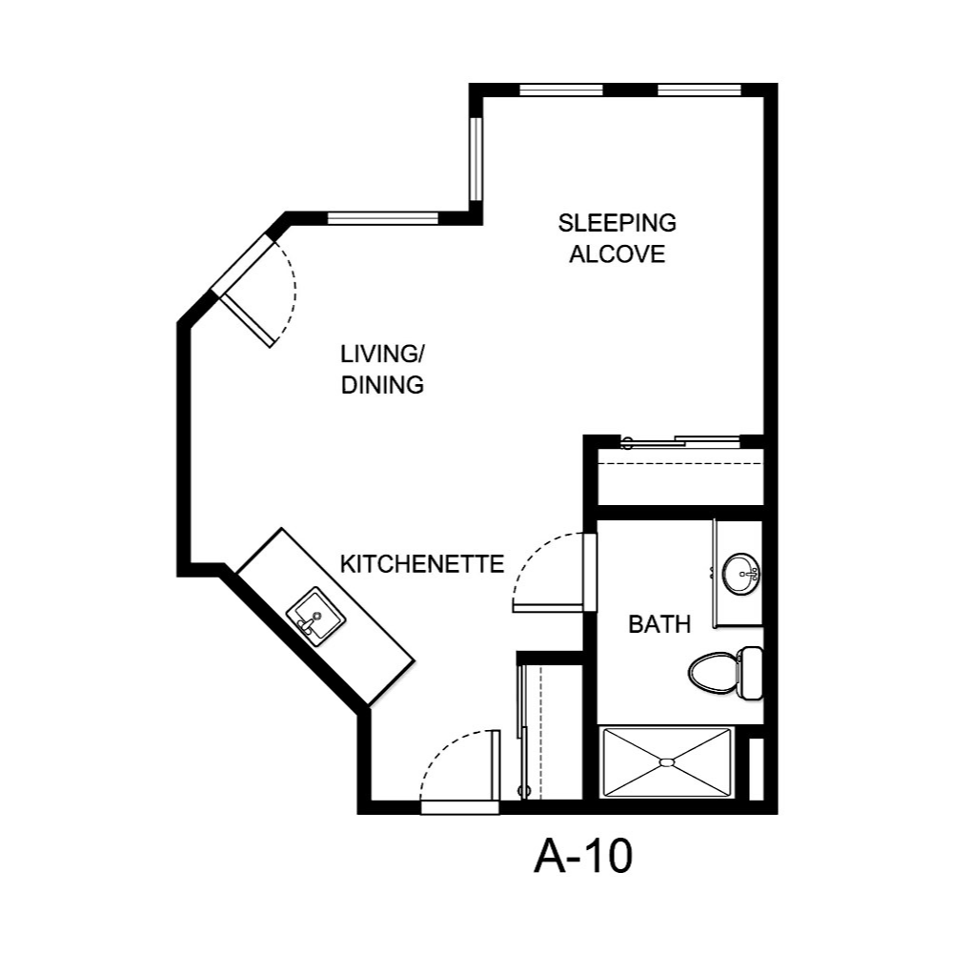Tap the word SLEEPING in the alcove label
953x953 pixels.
point(617,223)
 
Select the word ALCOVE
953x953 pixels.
point(617,254)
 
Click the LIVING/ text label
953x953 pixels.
point(382,355)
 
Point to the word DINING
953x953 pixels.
point(382,386)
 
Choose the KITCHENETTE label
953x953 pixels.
point(421,564)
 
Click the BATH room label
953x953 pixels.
point(659,625)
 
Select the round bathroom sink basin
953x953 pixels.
point(740,574)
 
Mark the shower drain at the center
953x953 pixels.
point(666,762)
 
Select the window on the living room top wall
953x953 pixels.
point(382,218)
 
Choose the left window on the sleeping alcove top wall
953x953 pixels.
point(560,91)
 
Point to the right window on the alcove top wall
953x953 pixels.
point(699,91)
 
